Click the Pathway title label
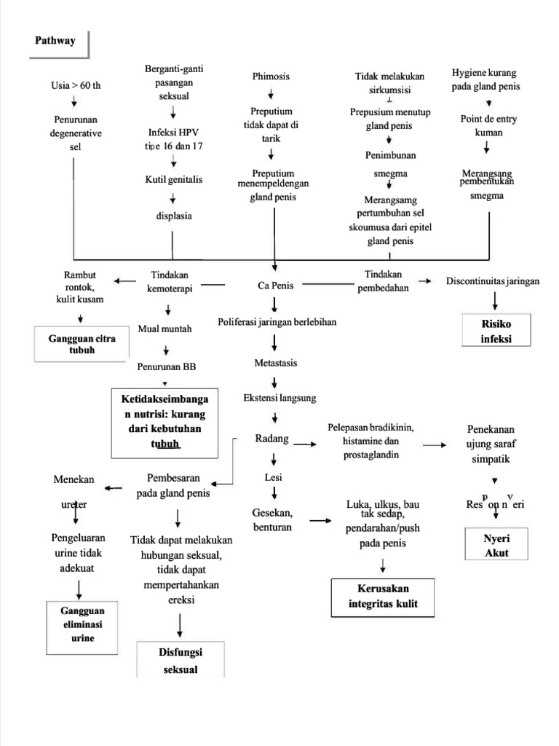click(55, 41)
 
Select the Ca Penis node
click(275, 286)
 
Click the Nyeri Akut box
click(496, 545)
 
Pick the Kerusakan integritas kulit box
click(382, 596)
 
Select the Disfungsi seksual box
click(179, 660)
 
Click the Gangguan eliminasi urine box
click(82, 625)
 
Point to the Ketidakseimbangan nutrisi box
click(164, 422)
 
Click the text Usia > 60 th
click(75, 85)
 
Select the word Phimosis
click(271, 76)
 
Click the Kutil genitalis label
click(173, 179)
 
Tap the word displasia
click(173, 216)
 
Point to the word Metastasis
click(275, 363)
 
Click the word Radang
click(272, 439)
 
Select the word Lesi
click(274, 478)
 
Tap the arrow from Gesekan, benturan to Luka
click(320, 520)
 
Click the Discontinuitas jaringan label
click(493, 281)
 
